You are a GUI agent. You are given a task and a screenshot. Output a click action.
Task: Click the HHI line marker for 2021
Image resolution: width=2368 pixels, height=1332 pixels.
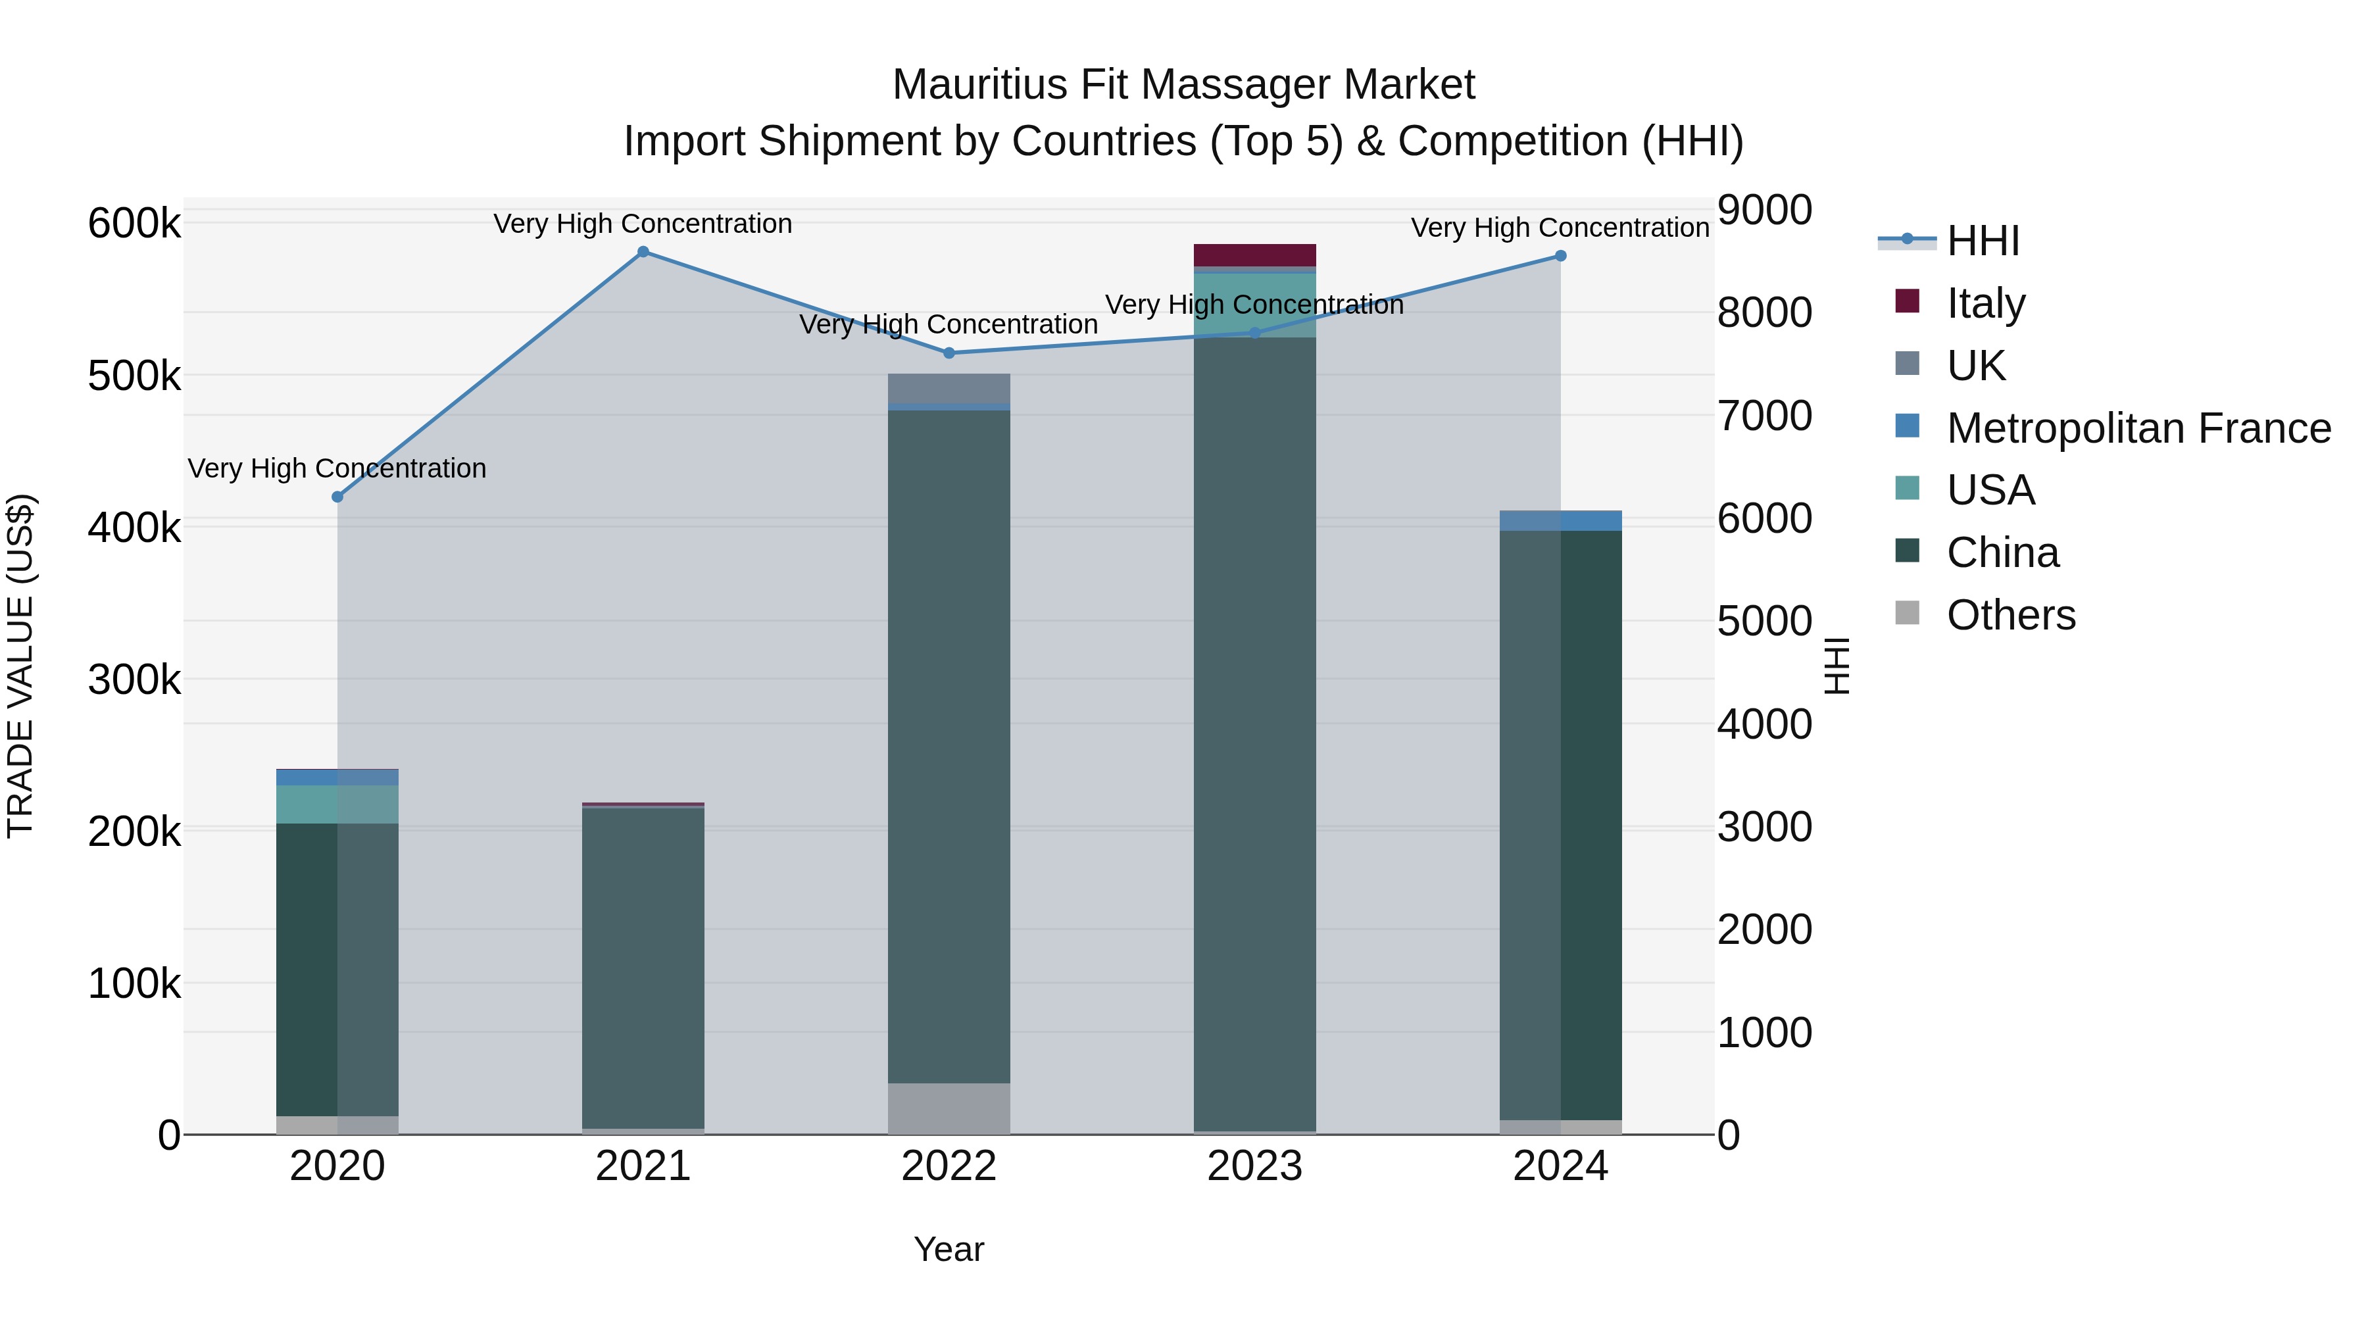coord(643,252)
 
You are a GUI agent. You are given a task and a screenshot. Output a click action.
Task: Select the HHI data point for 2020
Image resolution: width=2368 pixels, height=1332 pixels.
coord(337,497)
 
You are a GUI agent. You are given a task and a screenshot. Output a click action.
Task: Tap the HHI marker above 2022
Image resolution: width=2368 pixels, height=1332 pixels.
coord(949,353)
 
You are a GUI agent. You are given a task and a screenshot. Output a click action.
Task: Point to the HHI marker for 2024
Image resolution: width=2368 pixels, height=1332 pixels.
coord(1560,257)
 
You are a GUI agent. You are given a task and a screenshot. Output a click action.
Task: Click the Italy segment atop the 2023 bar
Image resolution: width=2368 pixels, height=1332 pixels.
coord(1255,255)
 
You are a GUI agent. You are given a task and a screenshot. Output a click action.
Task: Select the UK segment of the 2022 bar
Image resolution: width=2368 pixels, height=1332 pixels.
coord(949,388)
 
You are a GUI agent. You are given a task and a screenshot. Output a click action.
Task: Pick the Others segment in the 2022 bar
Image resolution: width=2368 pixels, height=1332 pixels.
coord(949,1108)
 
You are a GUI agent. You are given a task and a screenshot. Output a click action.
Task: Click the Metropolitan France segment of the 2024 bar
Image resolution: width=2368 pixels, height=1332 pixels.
coord(1560,520)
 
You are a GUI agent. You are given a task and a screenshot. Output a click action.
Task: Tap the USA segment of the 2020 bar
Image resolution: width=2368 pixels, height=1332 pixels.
coord(337,804)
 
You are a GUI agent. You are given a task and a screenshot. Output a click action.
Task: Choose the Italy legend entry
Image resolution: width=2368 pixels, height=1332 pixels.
coord(1986,303)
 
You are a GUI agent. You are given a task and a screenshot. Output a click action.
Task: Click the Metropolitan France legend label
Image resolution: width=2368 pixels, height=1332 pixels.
coord(2138,428)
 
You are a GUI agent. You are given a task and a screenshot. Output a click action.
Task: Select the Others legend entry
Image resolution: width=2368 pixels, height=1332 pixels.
coord(2010,615)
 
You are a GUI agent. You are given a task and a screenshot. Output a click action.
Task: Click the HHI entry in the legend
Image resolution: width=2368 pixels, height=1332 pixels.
coord(1983,241)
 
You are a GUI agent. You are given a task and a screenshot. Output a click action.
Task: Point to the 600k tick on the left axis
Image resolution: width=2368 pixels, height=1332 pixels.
coord(134,224)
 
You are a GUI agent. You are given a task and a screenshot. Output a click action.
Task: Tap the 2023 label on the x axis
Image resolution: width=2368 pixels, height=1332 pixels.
coord(1255,1166)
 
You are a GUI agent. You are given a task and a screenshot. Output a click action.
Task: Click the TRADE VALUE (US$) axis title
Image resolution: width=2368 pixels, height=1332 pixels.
coord(21,666)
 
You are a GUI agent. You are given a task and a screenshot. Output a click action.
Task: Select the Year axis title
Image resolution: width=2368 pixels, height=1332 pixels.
coord(949,1249)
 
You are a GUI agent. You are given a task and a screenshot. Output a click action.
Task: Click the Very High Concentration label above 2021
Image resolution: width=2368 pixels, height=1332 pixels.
coord(643,224)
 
